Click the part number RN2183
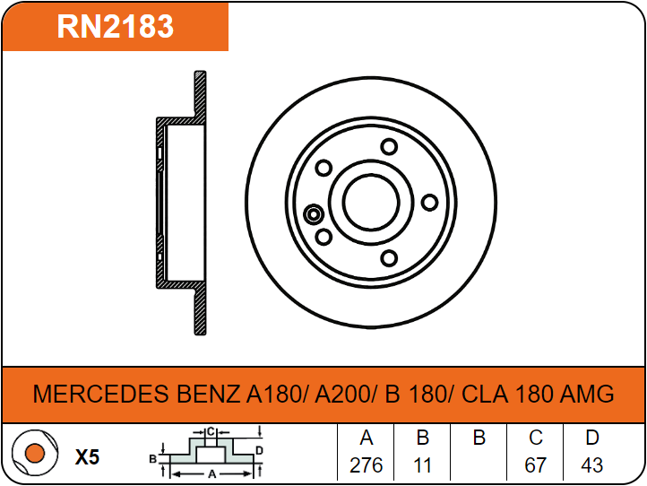115,26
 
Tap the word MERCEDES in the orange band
100,394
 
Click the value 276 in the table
366,465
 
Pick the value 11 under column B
423,465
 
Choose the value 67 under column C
535,465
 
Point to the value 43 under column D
591,465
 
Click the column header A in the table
366,438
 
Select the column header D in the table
592,438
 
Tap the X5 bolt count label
87,456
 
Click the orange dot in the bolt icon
35,453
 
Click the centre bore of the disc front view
371,202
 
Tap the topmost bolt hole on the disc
389,146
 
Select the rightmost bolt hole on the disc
429,203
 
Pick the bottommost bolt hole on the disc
389,258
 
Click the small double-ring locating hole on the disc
314,214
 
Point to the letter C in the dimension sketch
211,432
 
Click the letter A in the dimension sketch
212,474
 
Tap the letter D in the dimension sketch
259,450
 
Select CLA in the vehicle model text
485,394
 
